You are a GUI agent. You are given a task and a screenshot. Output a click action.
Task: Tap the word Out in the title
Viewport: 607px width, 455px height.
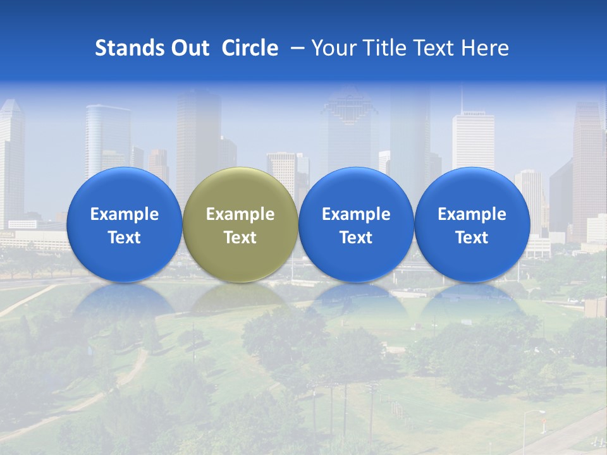(188, 48)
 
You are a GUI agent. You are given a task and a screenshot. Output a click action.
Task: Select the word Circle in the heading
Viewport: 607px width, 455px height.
(250, 48)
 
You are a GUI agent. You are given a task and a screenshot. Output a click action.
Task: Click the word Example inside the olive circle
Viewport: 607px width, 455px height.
(240, 214)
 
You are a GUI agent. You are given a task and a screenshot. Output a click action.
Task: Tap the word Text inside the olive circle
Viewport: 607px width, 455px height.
(240, 238)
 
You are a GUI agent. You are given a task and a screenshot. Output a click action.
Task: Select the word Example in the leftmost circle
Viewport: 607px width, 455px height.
(124, 214)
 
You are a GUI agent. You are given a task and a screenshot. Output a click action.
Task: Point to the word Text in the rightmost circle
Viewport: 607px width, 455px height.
(472, 238)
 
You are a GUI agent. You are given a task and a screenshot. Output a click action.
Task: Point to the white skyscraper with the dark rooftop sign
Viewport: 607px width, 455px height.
(473, 142)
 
